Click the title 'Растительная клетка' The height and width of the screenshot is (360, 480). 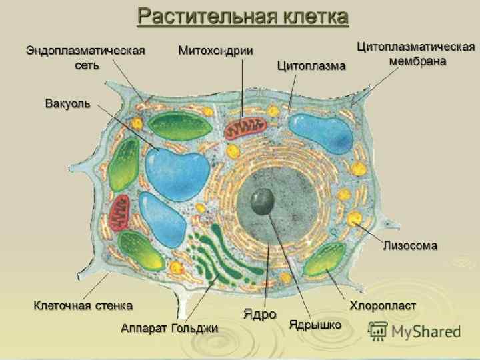point(243,17)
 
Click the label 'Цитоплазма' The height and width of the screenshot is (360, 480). point(311,66)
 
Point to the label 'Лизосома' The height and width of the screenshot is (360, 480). point(410,245)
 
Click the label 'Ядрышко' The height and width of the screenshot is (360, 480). point(315,325)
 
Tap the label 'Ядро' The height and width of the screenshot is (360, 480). point(259,313)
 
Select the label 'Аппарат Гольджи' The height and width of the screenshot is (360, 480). point(169,328)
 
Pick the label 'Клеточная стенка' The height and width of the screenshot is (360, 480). point(83,305)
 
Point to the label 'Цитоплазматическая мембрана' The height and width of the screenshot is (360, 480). point(417,53)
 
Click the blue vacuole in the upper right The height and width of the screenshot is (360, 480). point(322,133)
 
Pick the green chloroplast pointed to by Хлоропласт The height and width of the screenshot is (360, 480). point(324,261)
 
